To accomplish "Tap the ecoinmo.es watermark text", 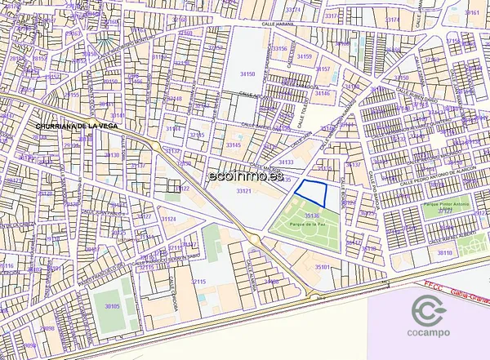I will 246,175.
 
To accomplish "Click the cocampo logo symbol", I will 429,312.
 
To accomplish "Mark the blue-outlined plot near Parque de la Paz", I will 311,193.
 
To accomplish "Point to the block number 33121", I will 243,190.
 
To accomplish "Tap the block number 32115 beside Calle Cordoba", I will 198,282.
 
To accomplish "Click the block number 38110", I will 445,253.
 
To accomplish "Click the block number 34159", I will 304,56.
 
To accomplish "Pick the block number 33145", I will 234,144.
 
